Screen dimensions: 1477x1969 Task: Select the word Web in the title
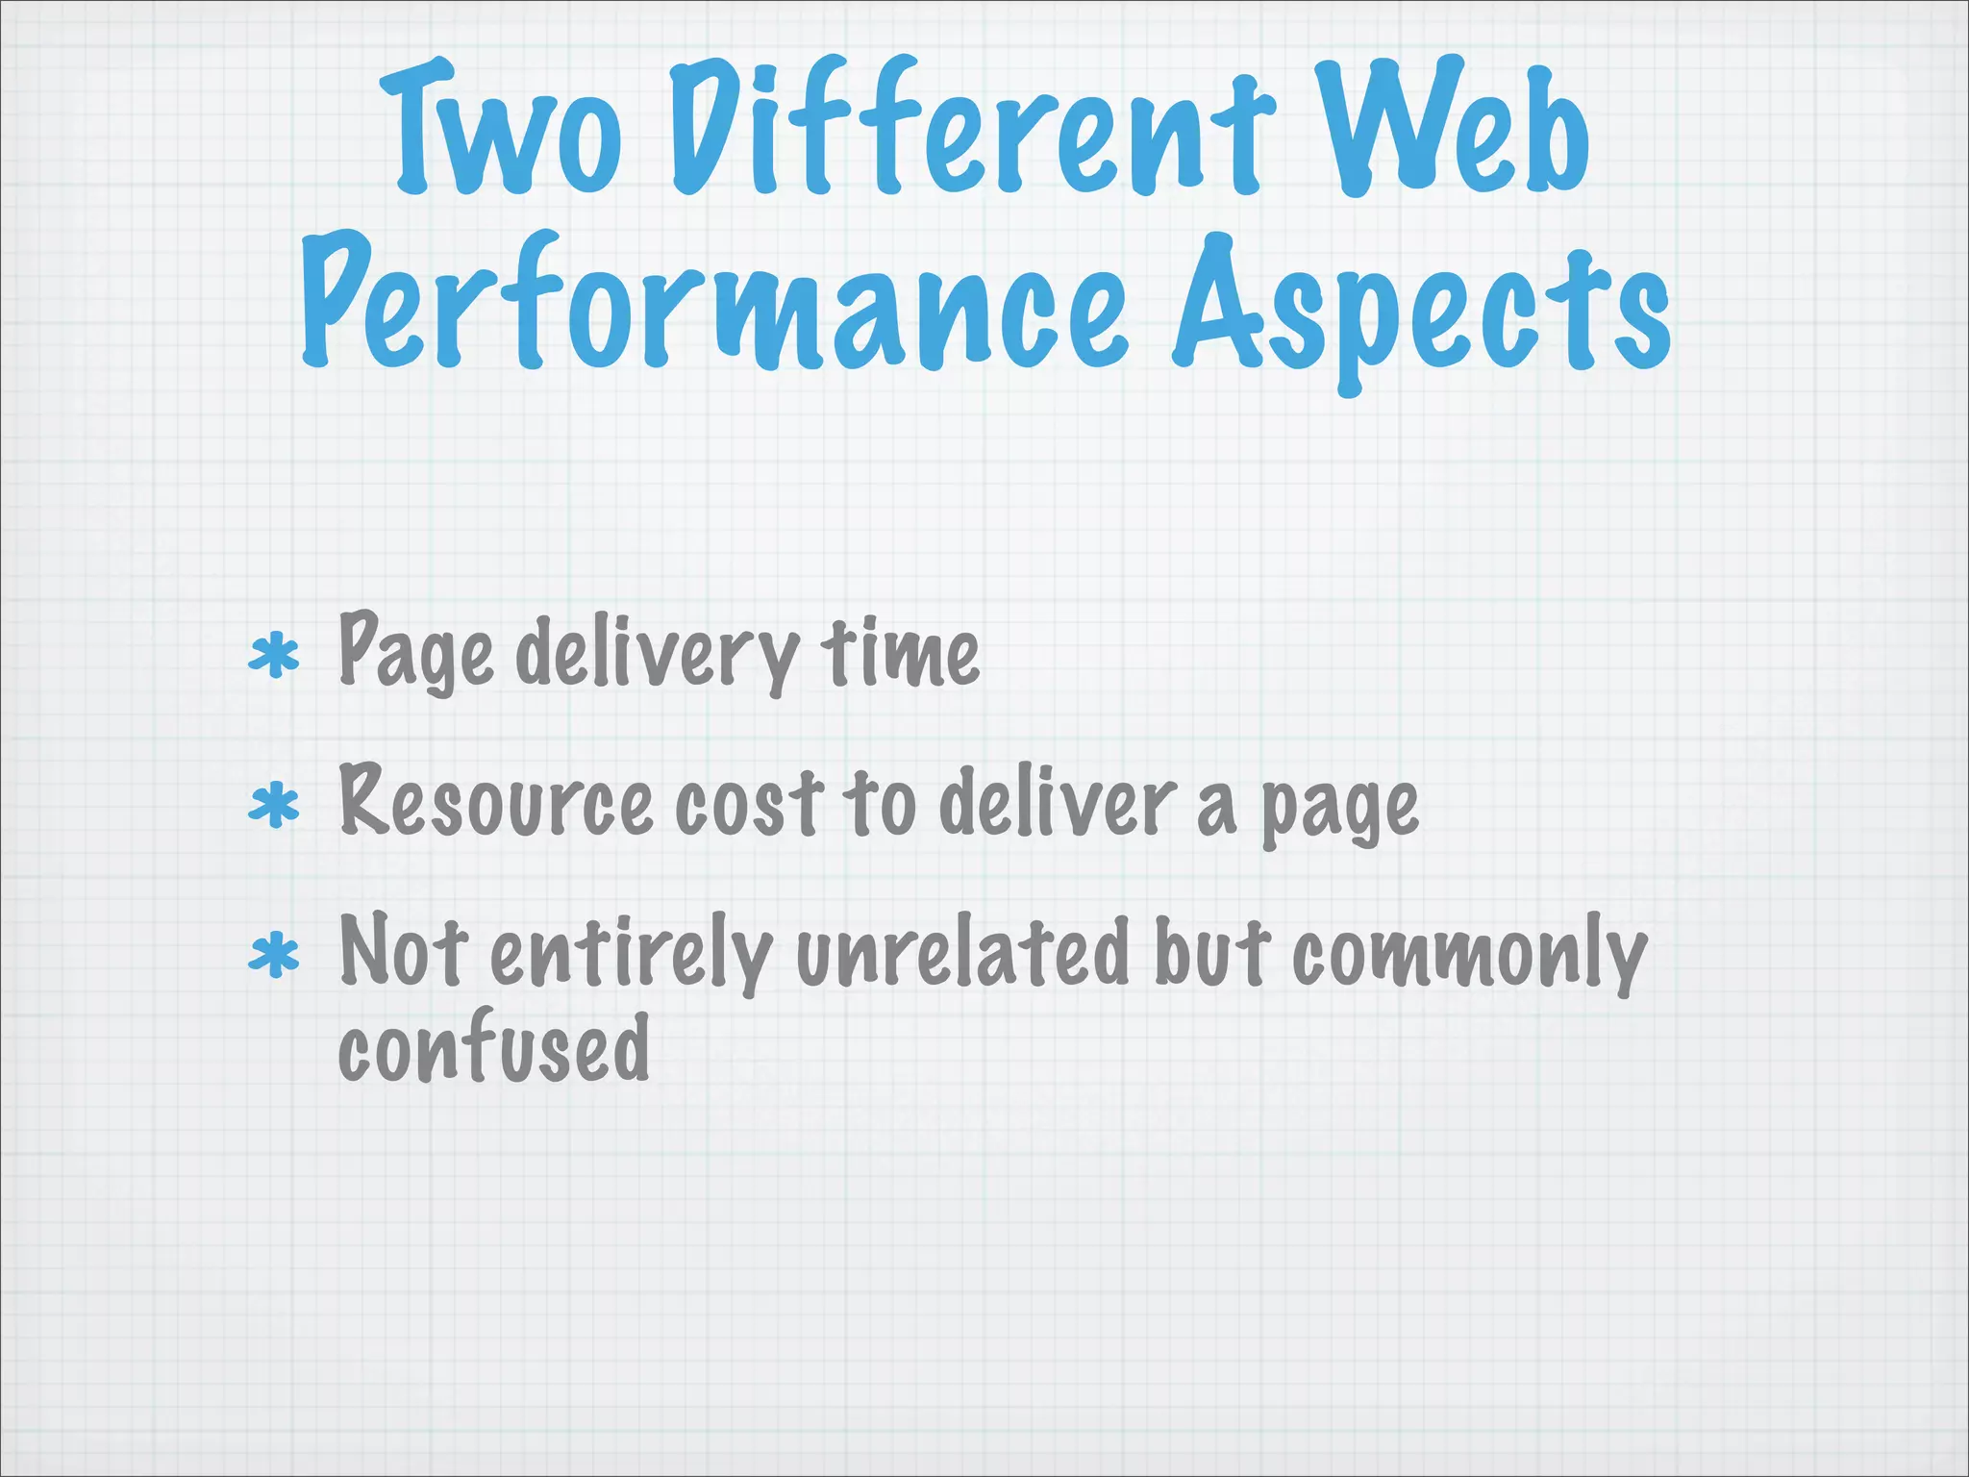[1452, 130]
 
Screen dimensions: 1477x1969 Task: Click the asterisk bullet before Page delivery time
[275, 657]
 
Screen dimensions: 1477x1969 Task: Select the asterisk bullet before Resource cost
[275, 806]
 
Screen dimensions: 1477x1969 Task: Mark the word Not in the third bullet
[404, 952]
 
